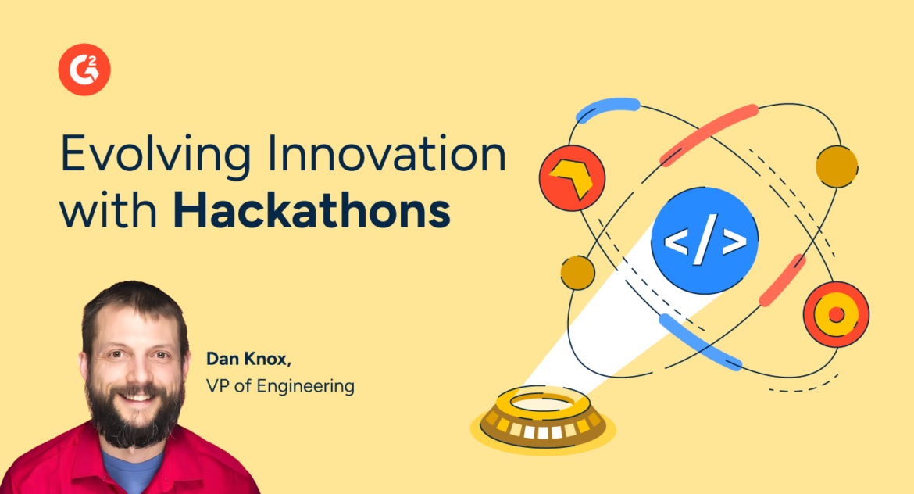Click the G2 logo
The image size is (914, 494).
click(84, 70)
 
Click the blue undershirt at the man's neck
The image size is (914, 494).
click(132, 473)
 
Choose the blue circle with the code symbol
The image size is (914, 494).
click(705, 241)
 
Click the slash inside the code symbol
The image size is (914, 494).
click(705, 241)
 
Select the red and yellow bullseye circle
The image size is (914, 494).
click(836, 314)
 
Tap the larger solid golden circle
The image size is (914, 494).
click(837, 166)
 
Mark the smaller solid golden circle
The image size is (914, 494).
click(578, 271)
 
